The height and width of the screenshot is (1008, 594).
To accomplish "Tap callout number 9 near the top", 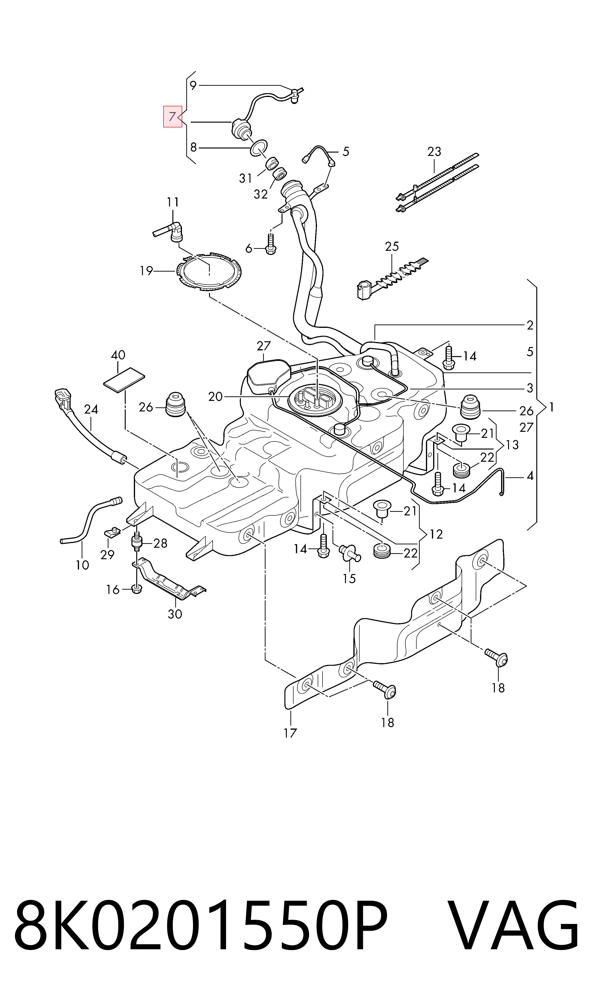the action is point(193,85).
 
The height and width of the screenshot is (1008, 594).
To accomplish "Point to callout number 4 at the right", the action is point(530,476).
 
